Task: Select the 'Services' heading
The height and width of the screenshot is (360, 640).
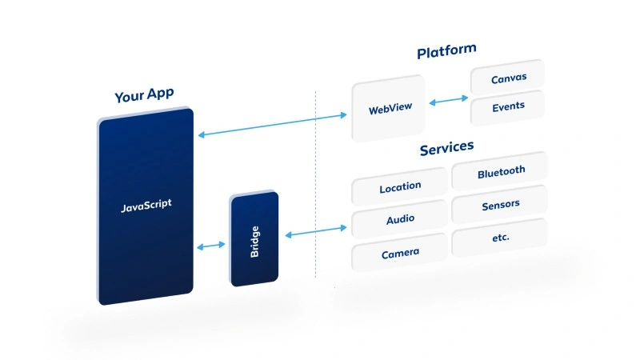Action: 446,148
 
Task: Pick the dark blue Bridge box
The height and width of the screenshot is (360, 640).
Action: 254,238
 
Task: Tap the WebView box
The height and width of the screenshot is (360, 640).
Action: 390,109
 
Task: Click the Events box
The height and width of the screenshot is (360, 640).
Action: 508,106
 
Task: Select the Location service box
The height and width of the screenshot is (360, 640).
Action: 400,187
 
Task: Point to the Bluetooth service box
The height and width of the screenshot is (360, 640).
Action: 501,171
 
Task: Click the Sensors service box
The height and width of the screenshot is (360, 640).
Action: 501,205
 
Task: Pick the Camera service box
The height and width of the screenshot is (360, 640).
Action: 400,253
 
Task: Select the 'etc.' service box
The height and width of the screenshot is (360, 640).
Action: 501,238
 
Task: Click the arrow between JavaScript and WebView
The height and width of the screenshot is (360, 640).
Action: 272,125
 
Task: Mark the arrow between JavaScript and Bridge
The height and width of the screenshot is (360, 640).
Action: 211,246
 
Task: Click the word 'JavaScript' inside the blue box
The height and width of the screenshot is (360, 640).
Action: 146,206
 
